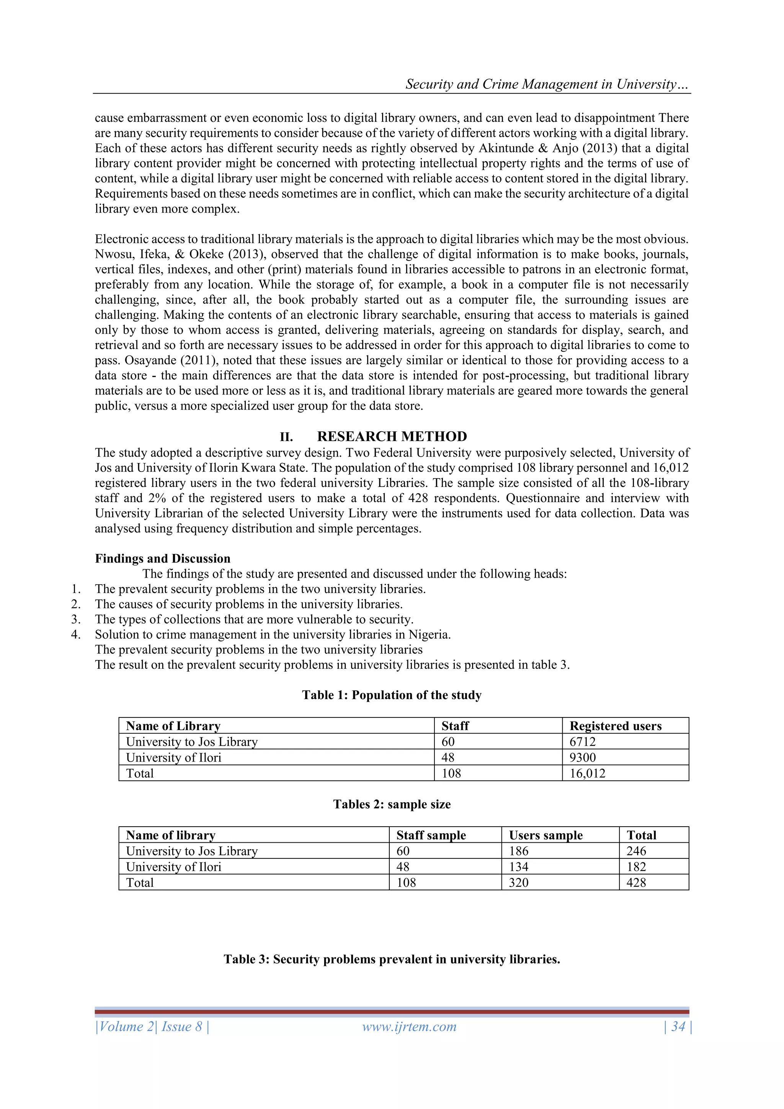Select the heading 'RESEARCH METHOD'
392,436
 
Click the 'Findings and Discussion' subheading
162,559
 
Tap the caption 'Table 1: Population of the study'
392,695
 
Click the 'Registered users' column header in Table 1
615,726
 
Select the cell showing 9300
583,757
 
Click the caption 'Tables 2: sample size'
392,804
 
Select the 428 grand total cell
636,883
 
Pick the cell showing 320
518,883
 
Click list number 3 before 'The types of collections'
75,619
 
